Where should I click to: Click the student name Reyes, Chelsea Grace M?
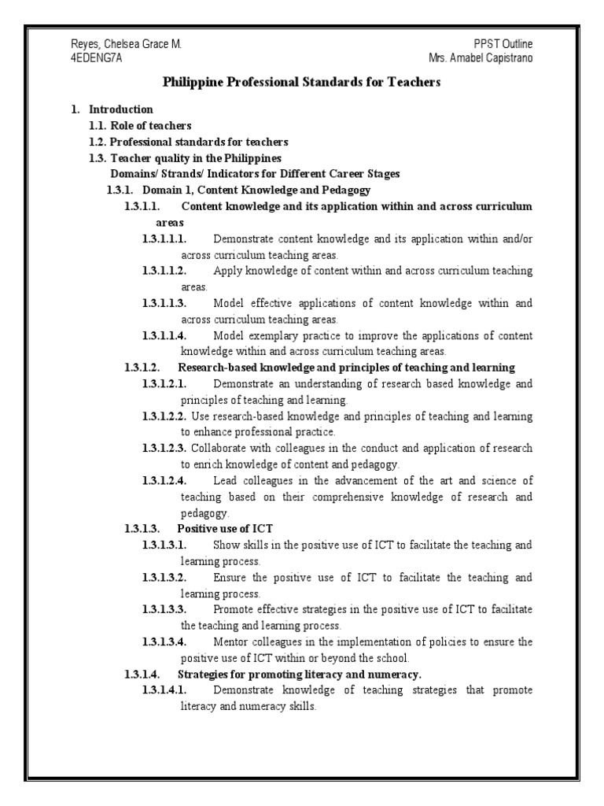pos(127,44)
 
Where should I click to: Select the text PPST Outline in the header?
pos(509,44)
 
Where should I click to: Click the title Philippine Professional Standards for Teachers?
pos(302,82)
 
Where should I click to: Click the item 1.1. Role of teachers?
pos(140,125)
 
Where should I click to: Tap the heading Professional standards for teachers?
pos(198,142)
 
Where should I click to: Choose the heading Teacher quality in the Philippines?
pos(184,158)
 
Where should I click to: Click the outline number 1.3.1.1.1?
pos(164,238)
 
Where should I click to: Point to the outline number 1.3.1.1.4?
pos(164,335)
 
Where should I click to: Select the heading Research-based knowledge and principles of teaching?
pos(346,368)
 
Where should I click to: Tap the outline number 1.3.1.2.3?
pos(164,448)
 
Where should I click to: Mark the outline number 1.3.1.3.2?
pos(164,577)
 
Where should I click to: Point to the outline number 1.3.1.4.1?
pos(164,690)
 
